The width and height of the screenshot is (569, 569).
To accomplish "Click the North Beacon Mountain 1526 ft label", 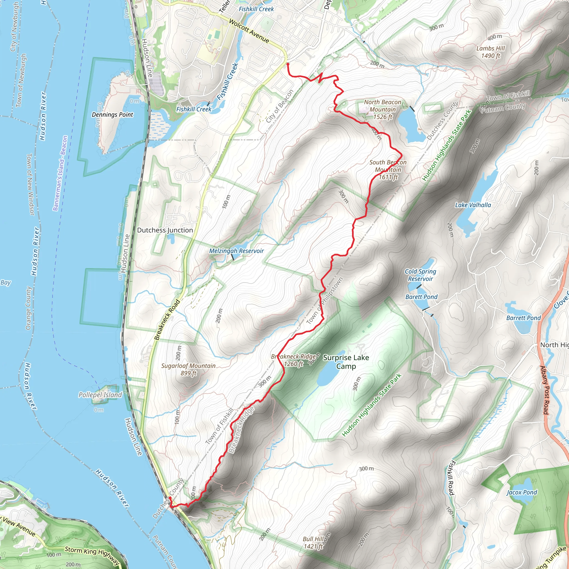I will click(x=382, y=109).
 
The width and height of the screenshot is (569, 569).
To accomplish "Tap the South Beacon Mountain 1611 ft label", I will click(x=388, y=170).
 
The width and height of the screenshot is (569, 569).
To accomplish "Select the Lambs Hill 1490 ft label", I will click(x=490, y=52).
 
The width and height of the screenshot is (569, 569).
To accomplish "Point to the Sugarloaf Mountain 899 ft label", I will click(x=188, y=369).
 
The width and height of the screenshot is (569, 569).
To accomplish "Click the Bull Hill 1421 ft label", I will click(x=313, y=543).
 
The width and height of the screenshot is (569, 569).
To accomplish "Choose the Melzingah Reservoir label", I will click(x=236, y=251).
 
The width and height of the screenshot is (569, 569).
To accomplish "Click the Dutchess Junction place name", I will click(x=165, y=230).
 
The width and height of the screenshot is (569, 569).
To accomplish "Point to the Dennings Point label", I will click(x=112, y=114).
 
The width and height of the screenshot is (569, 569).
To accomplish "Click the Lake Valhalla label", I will click(x=473, y=205).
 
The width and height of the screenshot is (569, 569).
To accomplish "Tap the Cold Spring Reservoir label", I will click(x=420, y=275).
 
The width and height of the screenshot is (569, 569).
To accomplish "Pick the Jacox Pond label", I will click(x=521, y=492).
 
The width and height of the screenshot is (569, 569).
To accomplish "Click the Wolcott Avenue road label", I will click(x=249, y=31).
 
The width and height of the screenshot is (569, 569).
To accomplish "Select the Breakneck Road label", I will click(x=167, y=320).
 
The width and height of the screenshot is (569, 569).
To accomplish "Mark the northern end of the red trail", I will click(x=288, y=64).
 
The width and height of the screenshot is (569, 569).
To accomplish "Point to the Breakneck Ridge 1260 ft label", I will click(x=293, y=360).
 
